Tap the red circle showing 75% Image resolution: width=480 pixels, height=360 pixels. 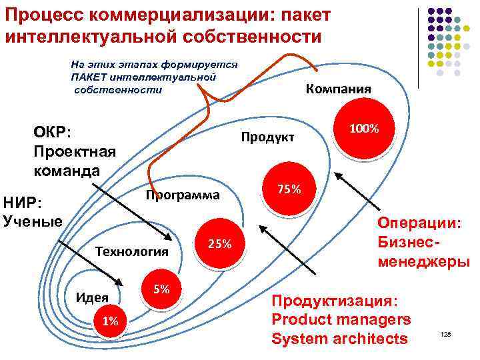click(x=289, y=190)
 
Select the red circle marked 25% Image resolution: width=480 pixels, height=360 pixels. click(x=219, y=244)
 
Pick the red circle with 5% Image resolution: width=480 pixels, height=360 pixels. click(x=161, y=290)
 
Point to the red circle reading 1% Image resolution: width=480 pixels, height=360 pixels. click(x=109, y=322)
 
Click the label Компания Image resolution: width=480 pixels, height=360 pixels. click(x=338, y=89)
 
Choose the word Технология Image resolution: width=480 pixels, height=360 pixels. click(x=131, y=251)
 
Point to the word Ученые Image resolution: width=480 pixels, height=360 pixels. click(x=33, y=221)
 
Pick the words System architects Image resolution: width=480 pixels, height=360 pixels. click(x=339, y=339)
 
